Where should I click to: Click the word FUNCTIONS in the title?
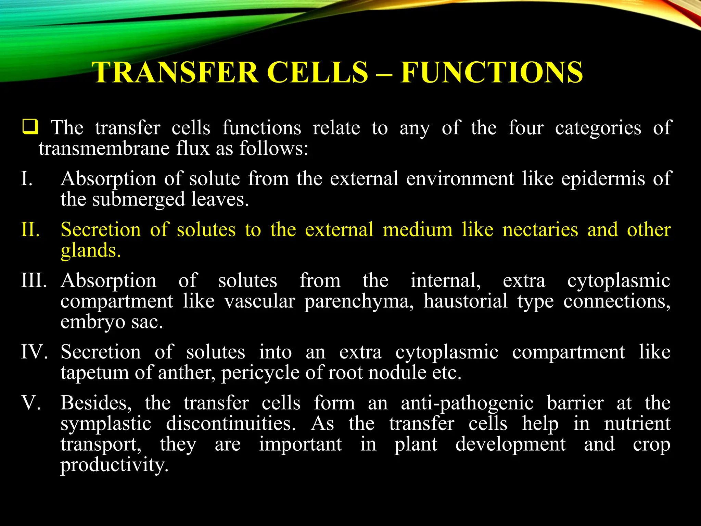492,72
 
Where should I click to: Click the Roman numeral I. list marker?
27,179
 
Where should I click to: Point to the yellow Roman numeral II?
30,229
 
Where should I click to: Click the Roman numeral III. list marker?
34,280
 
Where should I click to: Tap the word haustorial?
466,301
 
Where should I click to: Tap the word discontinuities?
231,424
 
